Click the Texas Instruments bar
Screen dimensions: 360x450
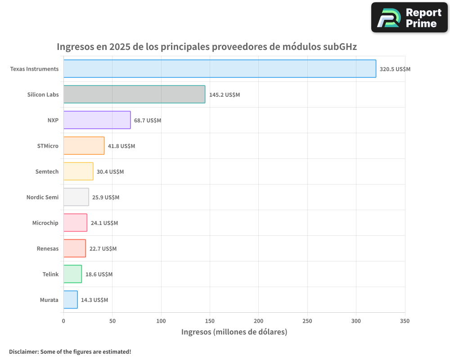(x=220, y=69)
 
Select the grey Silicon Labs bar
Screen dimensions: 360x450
(x=134, y=94)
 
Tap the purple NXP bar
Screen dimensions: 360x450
(x=97, y=120)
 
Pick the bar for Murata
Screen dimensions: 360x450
(x=71, y=300)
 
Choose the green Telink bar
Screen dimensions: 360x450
(x=72, y=274)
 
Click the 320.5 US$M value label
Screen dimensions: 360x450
(x=395, y=69)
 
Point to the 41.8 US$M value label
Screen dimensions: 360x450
(x=121, y=146)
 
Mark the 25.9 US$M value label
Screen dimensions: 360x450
(x=106, y=198)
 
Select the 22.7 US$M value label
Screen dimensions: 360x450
(x=103, y=249)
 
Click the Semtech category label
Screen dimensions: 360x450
(x=47, y=171)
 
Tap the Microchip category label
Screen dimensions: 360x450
(x=45, y=223)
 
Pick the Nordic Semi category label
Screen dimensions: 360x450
(x=42, y=197)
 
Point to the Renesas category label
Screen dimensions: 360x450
(x=47, y=248)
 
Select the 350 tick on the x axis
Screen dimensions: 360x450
(x=405, y=321)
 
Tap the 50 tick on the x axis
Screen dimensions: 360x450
(x=112, y=321)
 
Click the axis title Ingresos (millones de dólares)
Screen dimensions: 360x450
(x=234, y=332)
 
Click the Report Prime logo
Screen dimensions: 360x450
(x=409, y=18)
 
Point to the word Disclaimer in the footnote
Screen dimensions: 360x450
(x=23, y=351)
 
